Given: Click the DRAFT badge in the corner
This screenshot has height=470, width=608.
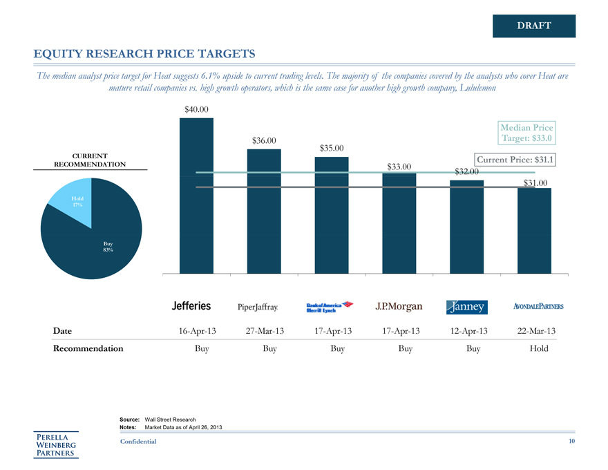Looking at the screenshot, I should point(533,26).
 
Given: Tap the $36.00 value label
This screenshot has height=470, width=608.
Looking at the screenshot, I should point(264,141).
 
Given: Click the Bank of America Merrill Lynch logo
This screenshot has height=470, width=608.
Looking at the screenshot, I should point(330,306).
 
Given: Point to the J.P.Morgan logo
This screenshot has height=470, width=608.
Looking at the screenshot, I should point(399,306).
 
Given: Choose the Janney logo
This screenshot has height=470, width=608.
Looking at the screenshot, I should point(467,306).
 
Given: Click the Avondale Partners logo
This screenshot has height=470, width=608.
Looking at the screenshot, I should point(538,306).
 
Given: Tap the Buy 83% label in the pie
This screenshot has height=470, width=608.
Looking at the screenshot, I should point(108,246).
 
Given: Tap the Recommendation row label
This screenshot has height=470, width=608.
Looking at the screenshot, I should point(88,348).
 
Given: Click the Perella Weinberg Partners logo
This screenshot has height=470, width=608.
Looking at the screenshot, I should point(57,444).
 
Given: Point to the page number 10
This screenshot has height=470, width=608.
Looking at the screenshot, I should point(571,441).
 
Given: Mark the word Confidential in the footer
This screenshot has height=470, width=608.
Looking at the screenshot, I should point(138,441).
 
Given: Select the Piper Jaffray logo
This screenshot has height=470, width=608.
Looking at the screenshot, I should point(258,306).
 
